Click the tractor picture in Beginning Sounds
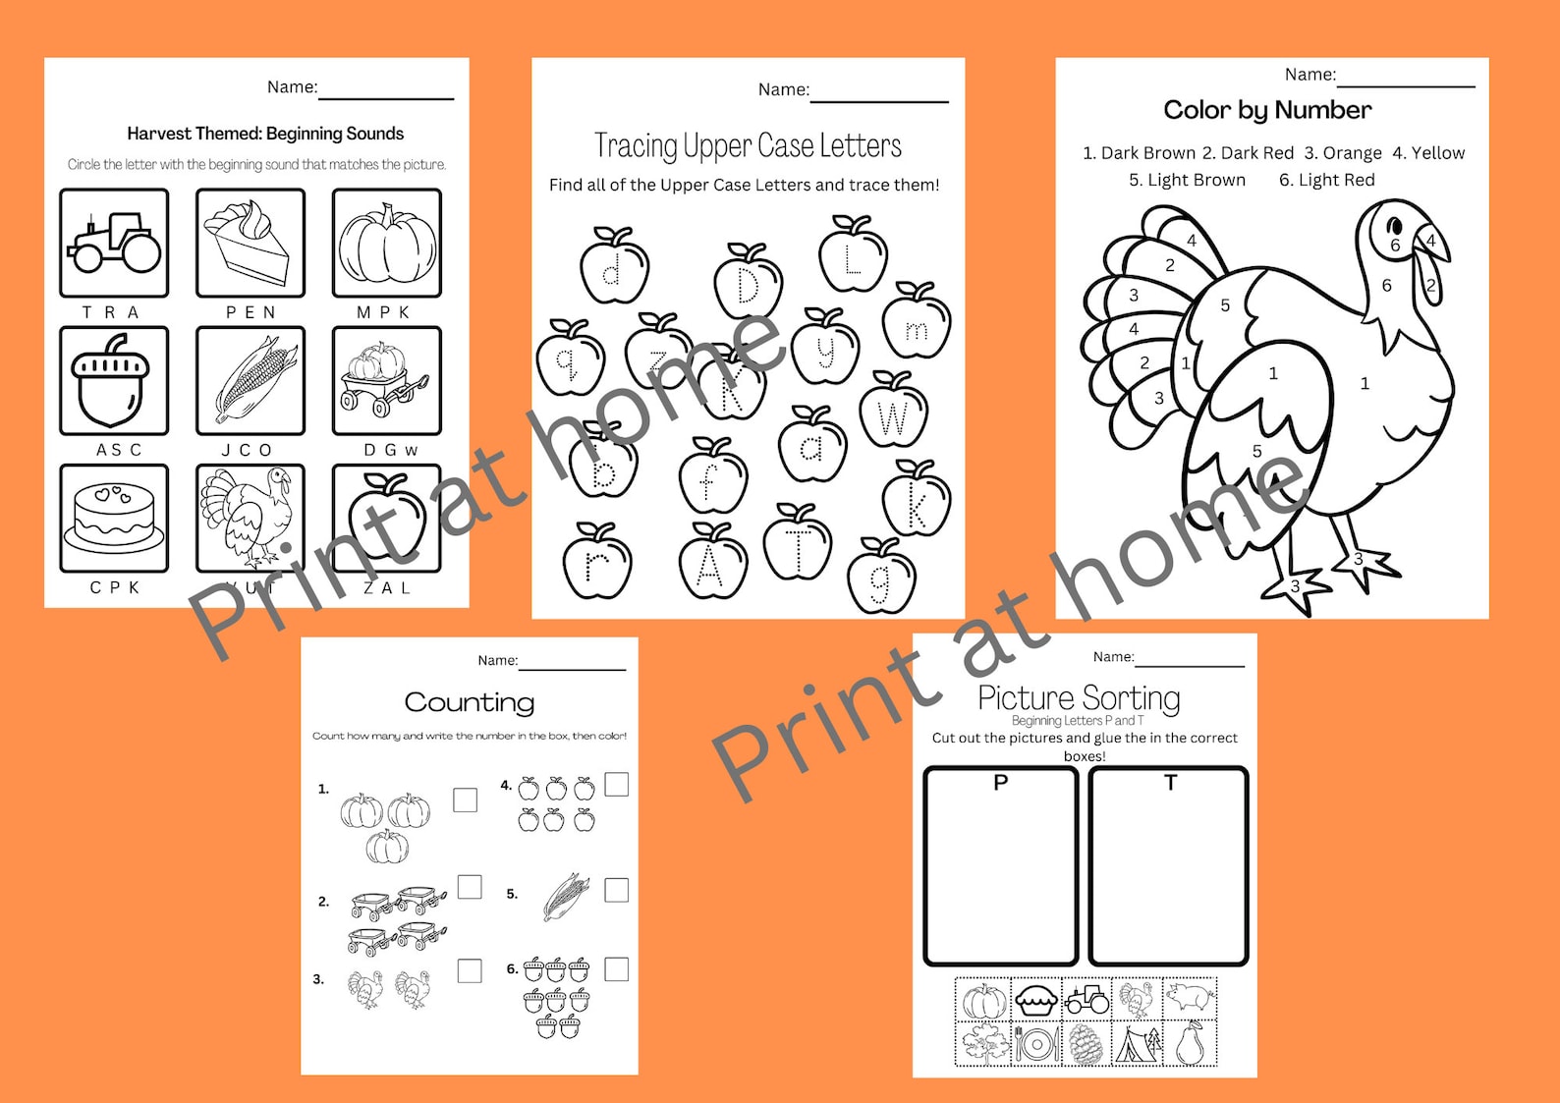point(114,243)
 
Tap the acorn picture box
point(114,380)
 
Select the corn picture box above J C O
point(251,380)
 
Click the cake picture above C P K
point(114,518)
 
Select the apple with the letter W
point(893,413)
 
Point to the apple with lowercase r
point(596,562)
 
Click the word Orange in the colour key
point(1352,153)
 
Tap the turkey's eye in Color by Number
point(1394,229)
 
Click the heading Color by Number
point(1267,110)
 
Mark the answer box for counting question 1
point(466,800)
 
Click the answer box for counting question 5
point(616,890)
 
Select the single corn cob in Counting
point(567,896)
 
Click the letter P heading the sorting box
point(1001,783)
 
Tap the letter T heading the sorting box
point(1170,783)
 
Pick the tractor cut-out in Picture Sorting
point(1086,1000)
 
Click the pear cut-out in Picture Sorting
point(1190,1043)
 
